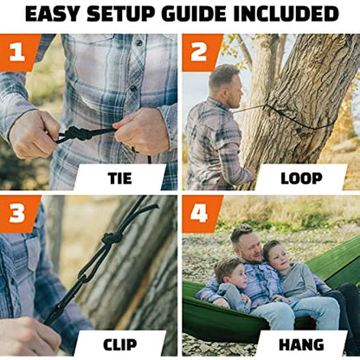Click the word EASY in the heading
[x=52, y=14]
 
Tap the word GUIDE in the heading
[x=195, y=14]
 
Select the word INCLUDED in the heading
[x=286, y=14]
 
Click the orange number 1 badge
[x=18, y=52]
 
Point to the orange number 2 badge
[x=200, y=52]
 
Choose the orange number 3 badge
[x=18, y=214]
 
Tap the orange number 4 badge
[x=200, y=214]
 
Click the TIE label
[x=120, y=178]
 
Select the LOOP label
[x=301, y=178]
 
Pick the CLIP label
[x=120, y=344]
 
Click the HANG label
[x=301, y=344]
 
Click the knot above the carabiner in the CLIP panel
[x=112, y=239]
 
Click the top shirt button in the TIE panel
[x=139, y=43]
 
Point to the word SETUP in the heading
[x=120, y=14]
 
